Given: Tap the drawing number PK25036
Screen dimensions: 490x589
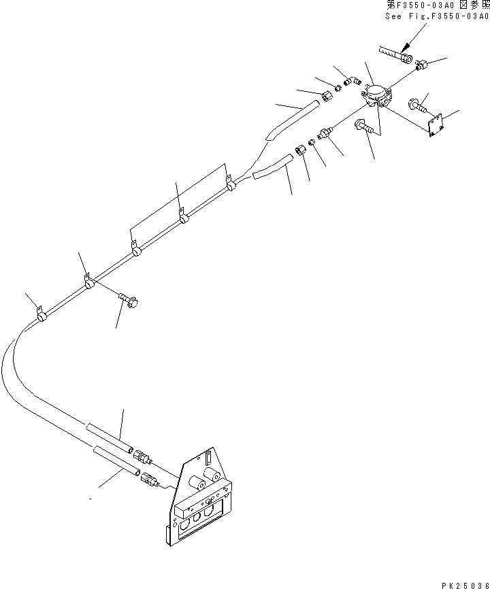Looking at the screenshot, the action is pyautogui.click(x=465, y=583).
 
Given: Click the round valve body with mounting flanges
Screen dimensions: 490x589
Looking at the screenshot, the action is pyautogui.click(x=375, y=95).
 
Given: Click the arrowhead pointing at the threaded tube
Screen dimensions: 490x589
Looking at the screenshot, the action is pyautogui.click(x=406, y=49).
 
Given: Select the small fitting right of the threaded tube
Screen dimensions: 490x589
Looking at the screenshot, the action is pyautogui.click(x=421, y=67).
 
